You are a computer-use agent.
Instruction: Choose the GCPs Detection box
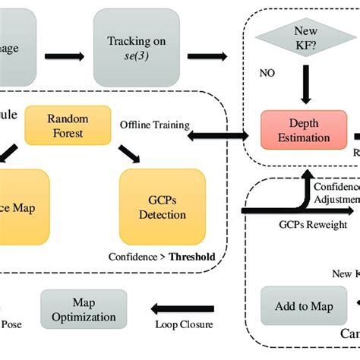pyautogui.click(x=162, y=204)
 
